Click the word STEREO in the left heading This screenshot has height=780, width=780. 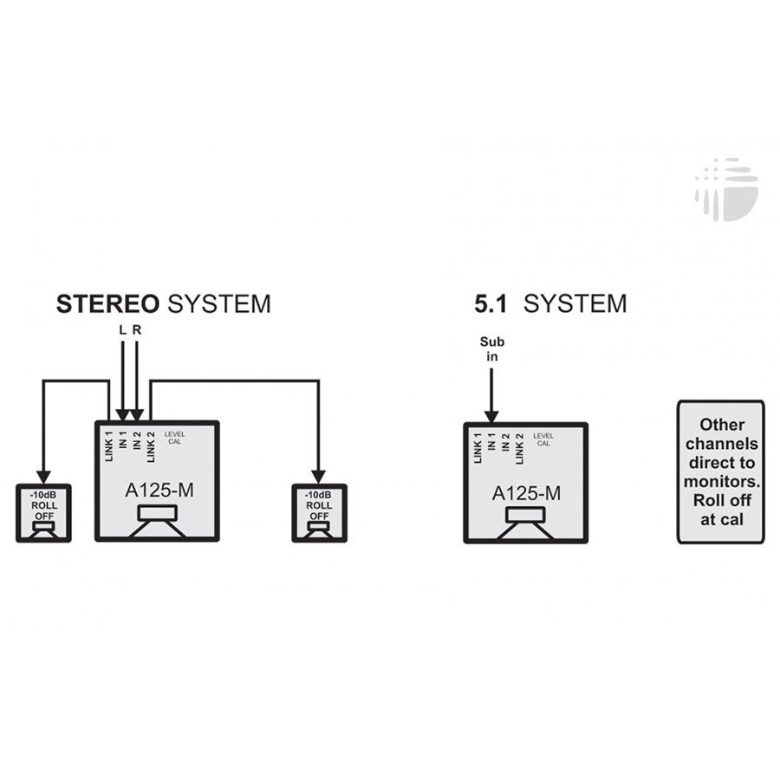tap(107, 304)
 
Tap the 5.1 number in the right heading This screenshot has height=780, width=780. tap(490, 304)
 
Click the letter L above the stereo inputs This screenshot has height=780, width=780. tap(122, 330)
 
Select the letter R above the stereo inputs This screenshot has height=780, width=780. tap(137, 330)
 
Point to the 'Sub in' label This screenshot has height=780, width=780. tap(492, 348)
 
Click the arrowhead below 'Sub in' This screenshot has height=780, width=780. tap(491, 417)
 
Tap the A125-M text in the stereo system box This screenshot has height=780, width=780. tap(159, 491)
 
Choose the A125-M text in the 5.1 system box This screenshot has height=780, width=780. tap(526, 493)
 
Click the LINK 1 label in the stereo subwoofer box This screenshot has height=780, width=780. tap(109, 446)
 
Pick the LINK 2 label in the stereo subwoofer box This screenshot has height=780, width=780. tap(151, 447)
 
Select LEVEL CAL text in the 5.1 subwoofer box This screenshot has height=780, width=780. tap(543, 439)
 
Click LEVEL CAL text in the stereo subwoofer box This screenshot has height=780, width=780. tap(174, 438)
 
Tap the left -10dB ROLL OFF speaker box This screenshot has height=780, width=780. tap(44, 513)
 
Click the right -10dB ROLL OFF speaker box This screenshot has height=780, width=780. tap(319, 513)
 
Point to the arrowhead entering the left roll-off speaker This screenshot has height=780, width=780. tap(44, 477)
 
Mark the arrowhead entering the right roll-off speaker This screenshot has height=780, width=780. tap(318, 477)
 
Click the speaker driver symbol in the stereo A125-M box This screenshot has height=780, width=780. tap(157, 521)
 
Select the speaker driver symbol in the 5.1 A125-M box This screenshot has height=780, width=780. tap(525, 523)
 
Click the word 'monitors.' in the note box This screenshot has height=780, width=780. tap(722, 482)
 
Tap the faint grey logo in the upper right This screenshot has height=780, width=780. tap(727, 189)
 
